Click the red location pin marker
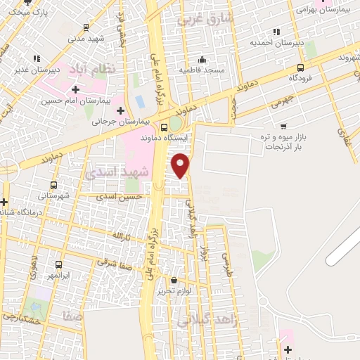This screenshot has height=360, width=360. pos(181,165)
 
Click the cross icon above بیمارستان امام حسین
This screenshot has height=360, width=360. pos(75,89)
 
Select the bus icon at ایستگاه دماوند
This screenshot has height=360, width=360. pos(164,128)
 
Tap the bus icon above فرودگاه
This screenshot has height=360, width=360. pos(301,68)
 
